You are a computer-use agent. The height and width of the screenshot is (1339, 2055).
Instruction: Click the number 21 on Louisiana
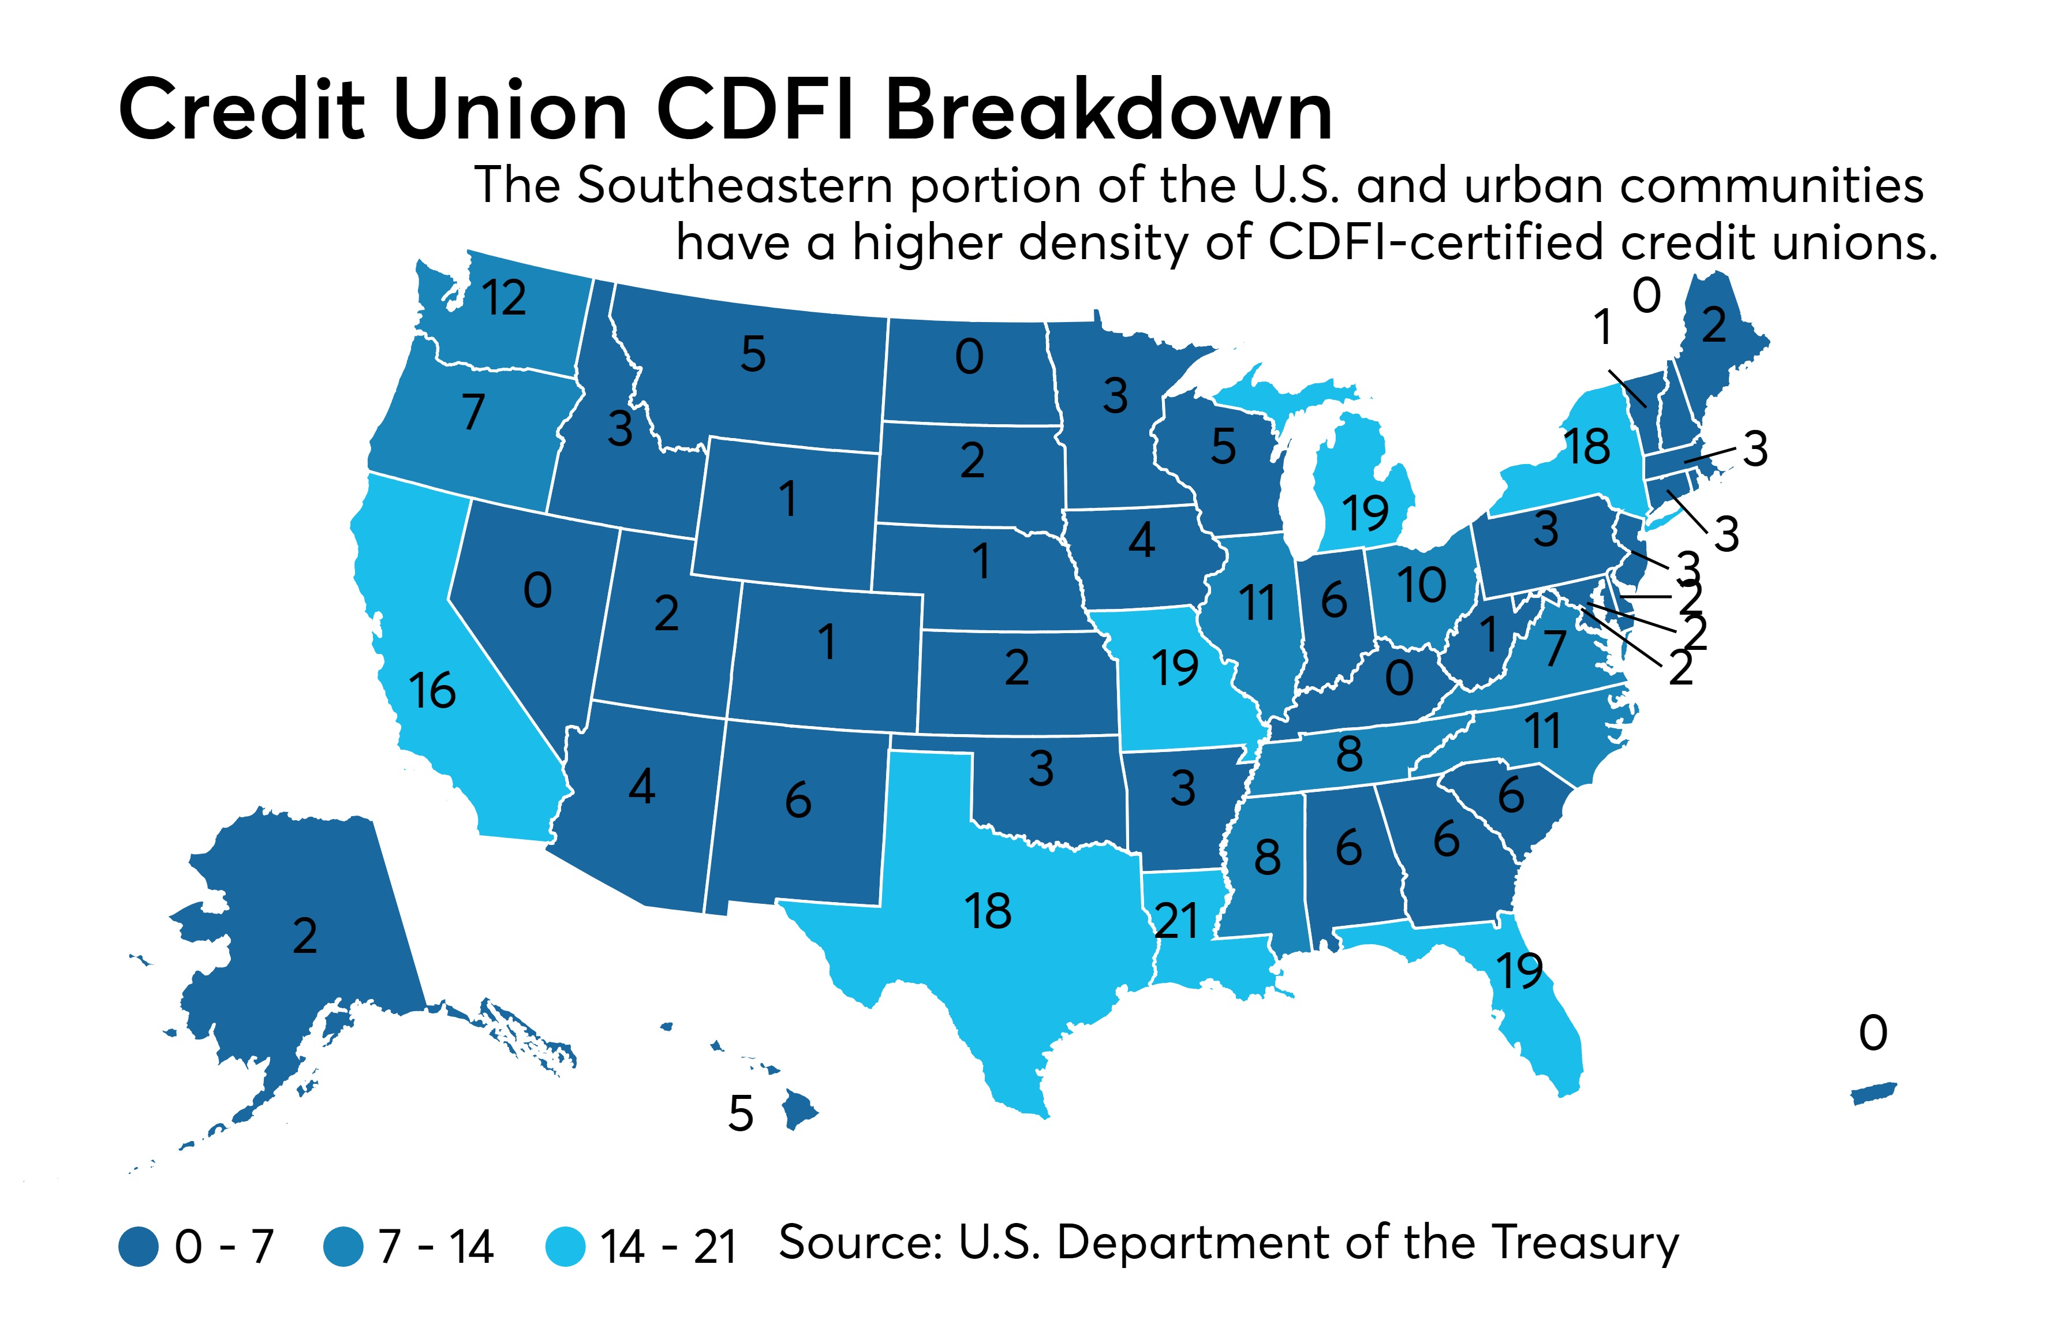point(1176,921)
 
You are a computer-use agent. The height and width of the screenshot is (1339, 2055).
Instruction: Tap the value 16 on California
point(432,691)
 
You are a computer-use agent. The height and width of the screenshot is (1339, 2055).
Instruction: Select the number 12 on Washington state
point(505,298)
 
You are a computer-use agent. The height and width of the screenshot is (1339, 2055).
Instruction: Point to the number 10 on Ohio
point(1421,585)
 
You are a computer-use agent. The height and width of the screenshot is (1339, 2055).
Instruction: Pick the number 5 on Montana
point(753,354)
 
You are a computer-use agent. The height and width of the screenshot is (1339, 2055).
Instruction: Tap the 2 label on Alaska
point(305,936)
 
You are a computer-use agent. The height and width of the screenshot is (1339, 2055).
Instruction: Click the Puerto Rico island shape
point(1874,1094)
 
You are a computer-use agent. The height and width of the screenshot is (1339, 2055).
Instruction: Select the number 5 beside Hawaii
point(741,1114)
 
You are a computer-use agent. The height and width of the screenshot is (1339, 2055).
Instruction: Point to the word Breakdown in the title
point(1109,110)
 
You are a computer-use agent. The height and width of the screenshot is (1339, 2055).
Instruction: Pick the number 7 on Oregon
point(473,412)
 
